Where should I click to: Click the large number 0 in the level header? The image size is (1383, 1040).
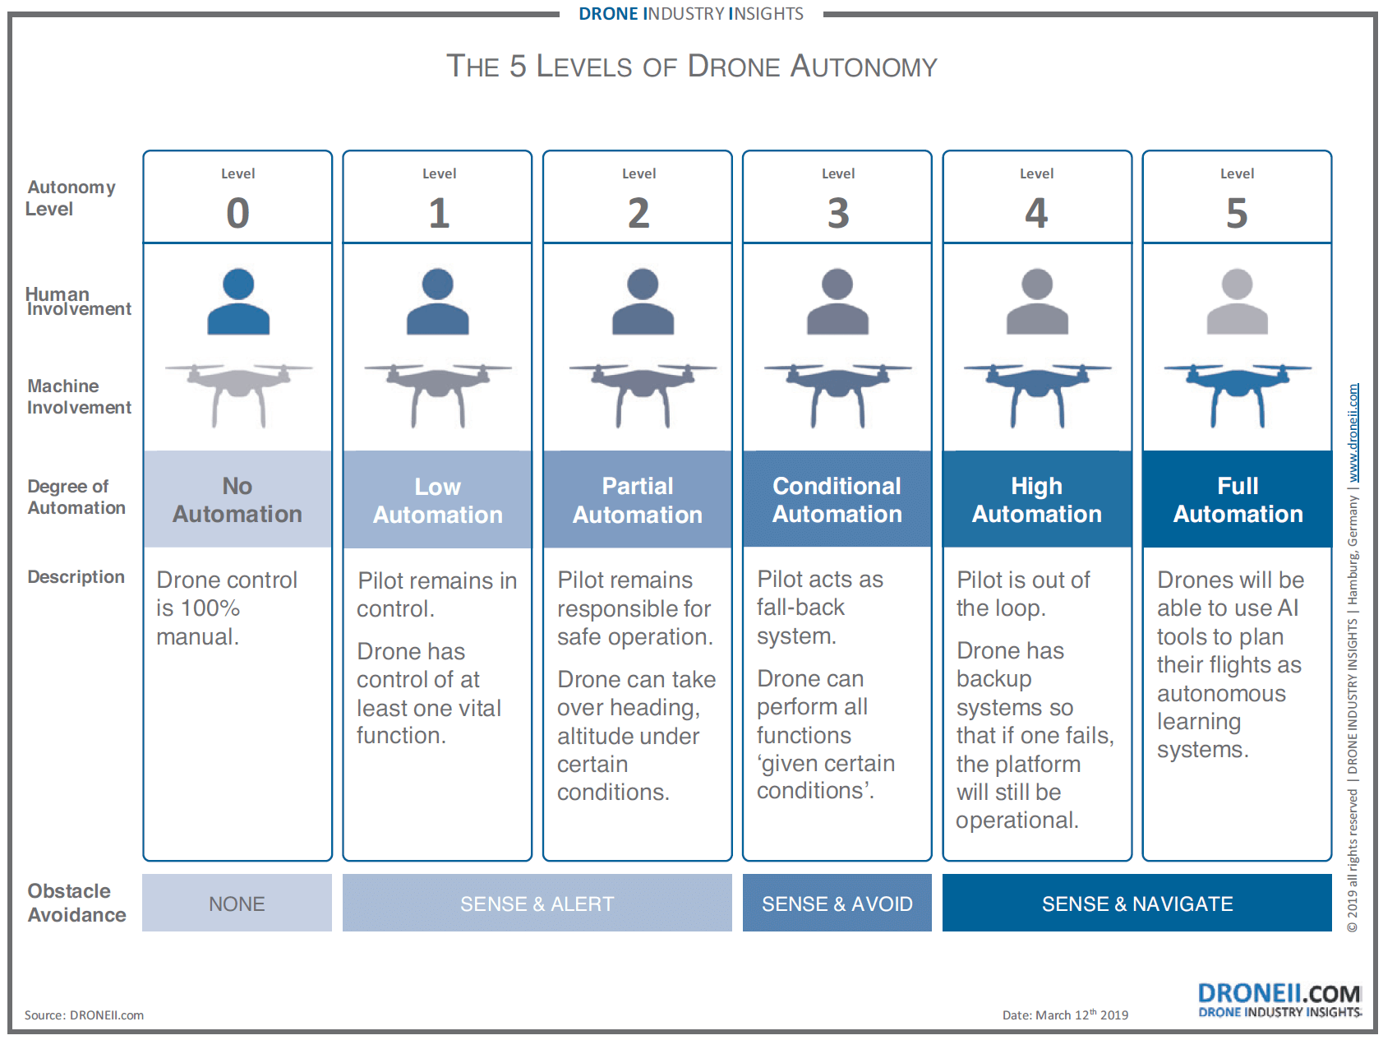tap(237, 213)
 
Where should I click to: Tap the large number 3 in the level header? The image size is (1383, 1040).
tap(837, 213)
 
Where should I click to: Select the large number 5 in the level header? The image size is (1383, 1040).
tap(1237, 213)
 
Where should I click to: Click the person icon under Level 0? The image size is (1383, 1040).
tap(238, 301)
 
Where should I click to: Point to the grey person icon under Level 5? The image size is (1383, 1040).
tap(1237, 301)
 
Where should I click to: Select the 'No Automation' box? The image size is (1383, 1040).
tap(237, 499)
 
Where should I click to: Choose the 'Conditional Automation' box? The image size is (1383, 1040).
tap(837, 499)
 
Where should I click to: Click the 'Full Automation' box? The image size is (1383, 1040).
tap(1238, 499)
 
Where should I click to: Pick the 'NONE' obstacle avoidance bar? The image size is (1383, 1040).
tap(237, 903)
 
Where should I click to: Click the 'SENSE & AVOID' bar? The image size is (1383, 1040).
tap(837, 903)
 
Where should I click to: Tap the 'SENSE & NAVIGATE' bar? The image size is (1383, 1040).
tap(1137, 903)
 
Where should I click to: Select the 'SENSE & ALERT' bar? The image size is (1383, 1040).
tap(537, 903)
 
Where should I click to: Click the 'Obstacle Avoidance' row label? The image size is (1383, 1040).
tap(76, 903)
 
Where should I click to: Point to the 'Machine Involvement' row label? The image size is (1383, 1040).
tap(79, 396)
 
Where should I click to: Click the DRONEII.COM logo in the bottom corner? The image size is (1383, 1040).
tap(1279, 1001)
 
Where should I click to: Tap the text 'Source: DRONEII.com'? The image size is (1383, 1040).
tap(84, 1015)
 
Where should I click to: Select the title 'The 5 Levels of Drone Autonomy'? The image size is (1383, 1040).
tap(692, 66)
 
